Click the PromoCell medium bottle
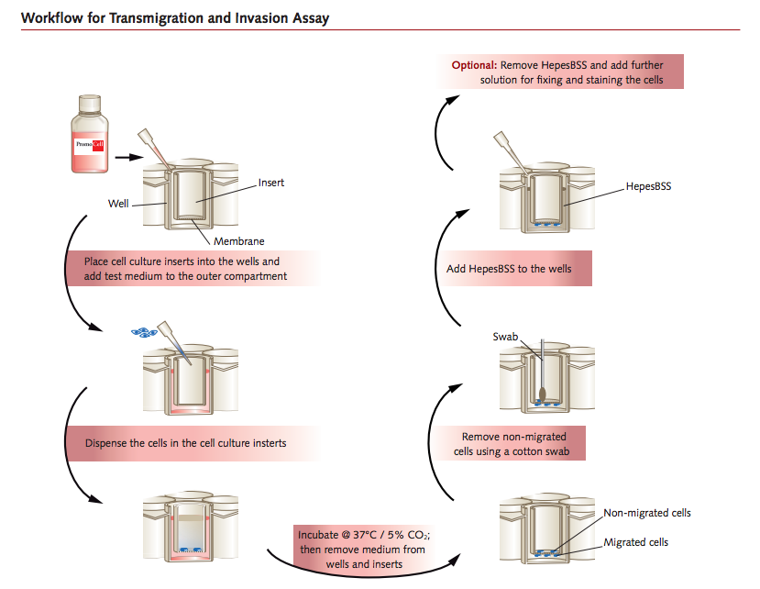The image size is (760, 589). pyautogui.click(x=92, y=137)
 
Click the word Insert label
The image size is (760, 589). pyautogui.click(x=270, y=183)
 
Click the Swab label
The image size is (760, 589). pyautogui.click(x=506, y=337)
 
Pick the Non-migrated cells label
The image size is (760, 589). pyautogui.click(x=646, y=513)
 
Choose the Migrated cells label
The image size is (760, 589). pyautogui.click(x=635, y=542)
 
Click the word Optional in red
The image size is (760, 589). pyautogui.click(x=473, y=65)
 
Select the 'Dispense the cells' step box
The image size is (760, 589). pyautogui.click(x=192, y=442)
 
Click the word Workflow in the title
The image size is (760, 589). pyautogui.click(x=50, y=17)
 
